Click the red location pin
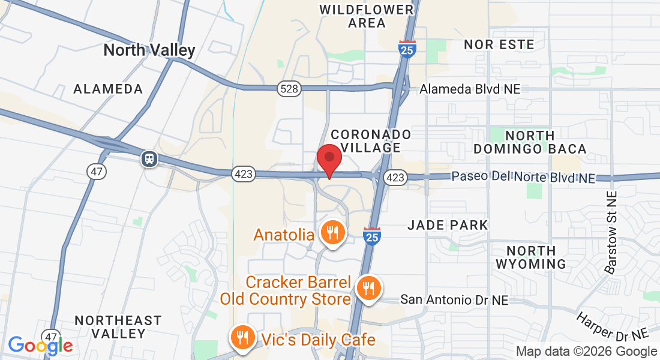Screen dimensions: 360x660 coord(329,159)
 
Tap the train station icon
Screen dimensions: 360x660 coord(149,158)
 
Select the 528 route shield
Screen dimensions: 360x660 coord(289,89)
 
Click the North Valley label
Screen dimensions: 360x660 coord(149,50)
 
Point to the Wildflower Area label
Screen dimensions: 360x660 coord(367,17)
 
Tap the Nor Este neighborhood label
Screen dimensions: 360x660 coord(499,44)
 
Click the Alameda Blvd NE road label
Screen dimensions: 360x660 coord(470,89)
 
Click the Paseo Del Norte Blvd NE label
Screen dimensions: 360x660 coord(523,178)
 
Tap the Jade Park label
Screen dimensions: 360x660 coord(448,225)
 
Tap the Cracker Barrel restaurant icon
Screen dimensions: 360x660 coord(366,289)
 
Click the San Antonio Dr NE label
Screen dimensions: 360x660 coord(454,299)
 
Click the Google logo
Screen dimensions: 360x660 coord(40,345)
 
